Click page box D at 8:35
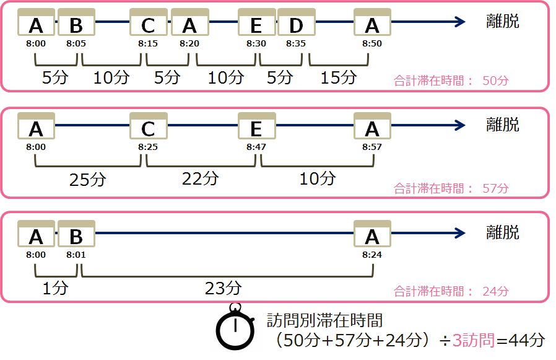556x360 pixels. [x=296, y=24]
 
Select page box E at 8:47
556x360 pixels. [x=256, y=127]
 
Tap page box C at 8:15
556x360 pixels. [x=149, y=24]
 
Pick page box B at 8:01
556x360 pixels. [x=76, y=235]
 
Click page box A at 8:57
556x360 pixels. [x=371, y=127]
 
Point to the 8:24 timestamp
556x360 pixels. [x=371, y=255]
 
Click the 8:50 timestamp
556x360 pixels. [x=371, y=44]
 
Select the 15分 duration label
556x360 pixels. [x=339, y=77]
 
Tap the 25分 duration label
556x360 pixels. [x=88, y=180]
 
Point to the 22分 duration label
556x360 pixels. [x=200, y=178]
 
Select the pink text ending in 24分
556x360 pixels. [x=451, y=291]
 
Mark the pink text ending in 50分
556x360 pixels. [x=451, y=81]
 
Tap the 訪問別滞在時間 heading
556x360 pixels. [x=324, y=321]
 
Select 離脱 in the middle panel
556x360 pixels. [x=502, y=125]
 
